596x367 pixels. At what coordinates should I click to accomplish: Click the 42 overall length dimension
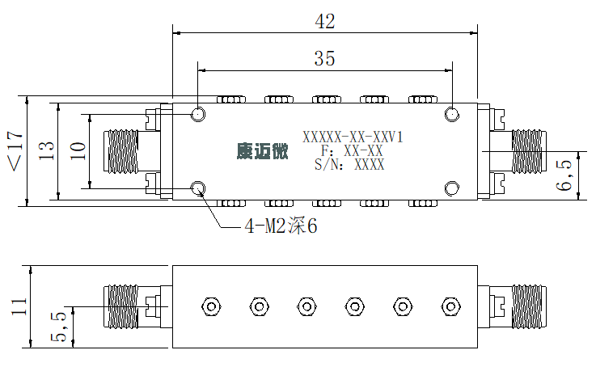click(325, 22)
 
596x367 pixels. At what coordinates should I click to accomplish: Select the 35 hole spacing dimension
click(324, 58)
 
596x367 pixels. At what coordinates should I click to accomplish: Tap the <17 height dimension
click(15, 151)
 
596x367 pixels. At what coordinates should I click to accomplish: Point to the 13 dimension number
click(46, 150)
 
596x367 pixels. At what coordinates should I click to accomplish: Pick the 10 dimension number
click(78, 150)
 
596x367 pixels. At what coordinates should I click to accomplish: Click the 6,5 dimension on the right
click(564, 175)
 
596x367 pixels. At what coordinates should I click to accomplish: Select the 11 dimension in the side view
click(19, 306)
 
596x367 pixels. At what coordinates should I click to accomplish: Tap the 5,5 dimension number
click(58, 327)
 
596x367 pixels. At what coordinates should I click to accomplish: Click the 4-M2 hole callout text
click(281, 226)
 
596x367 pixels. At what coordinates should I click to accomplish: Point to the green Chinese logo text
click(262, 151)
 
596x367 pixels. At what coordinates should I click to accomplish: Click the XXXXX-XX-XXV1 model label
click(353, 137)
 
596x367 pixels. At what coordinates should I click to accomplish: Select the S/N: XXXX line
click(349, 165)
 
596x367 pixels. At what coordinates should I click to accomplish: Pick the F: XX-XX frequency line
click(352, 151)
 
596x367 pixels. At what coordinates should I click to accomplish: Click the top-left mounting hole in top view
click(197, 114)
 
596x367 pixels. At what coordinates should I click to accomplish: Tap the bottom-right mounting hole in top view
click(451, 188)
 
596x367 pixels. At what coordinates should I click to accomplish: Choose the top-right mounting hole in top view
click(451, 114)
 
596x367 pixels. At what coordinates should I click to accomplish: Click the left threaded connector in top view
click(120, 151)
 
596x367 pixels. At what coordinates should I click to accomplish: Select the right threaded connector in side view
click(529, 306)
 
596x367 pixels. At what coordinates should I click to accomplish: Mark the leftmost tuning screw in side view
click(211, 306)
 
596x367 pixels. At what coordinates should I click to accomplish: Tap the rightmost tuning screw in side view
click(450, 306)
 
